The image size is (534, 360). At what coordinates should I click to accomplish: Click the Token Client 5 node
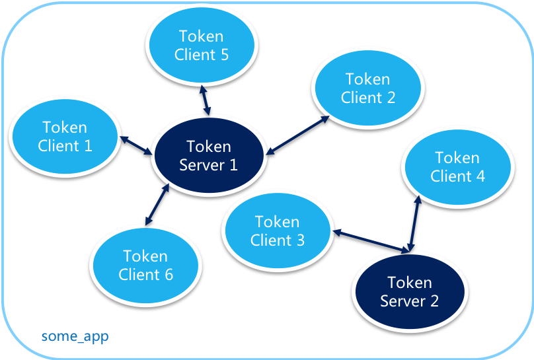point(202,46)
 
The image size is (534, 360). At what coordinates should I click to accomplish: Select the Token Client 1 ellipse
point(65,137)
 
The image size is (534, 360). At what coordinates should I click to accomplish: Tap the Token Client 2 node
point(368,89)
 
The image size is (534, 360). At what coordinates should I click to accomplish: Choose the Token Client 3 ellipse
point(278,231)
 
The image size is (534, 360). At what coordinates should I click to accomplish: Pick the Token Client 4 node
point(457,167)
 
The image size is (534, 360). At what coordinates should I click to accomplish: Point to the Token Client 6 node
point(145,265)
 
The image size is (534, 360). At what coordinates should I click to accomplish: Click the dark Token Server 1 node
point(209,156)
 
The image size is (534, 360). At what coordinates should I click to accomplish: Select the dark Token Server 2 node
point(410,292)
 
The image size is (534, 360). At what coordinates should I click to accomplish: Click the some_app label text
point(75,336)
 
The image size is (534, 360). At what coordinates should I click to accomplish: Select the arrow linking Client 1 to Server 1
point(135,146)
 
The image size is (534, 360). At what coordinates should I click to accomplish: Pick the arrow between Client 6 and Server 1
point(156,206)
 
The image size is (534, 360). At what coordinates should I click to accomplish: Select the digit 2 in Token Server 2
point(434,301)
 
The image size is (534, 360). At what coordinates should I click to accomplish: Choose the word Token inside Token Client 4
point(457,158)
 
